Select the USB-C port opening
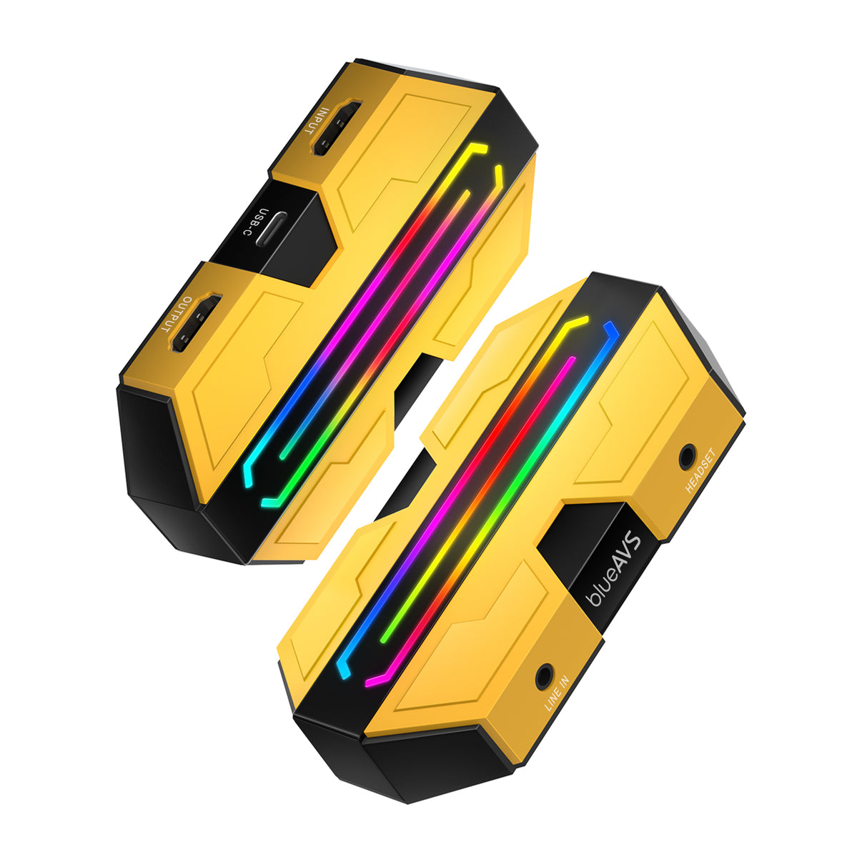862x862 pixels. pos(272,228)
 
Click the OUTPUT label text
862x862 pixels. pos(177,314)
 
